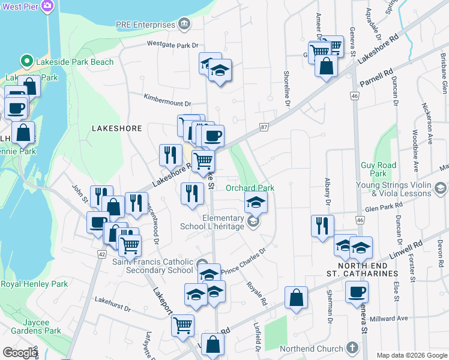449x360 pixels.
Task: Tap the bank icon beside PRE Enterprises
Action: point(183,25)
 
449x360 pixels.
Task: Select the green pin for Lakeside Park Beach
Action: point(26,61)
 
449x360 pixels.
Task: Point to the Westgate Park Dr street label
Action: point(172,44)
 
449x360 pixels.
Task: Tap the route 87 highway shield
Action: point(264,126)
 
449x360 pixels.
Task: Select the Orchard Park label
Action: point(250,188)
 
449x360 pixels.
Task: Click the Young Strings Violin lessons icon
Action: point(441,190)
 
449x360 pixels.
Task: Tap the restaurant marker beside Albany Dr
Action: point(322,226)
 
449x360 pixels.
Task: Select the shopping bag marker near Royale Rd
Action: point(296,297)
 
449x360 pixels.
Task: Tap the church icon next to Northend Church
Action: point(352,348)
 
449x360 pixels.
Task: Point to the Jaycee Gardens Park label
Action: point(36,326)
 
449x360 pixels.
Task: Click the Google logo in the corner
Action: point(20,353)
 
